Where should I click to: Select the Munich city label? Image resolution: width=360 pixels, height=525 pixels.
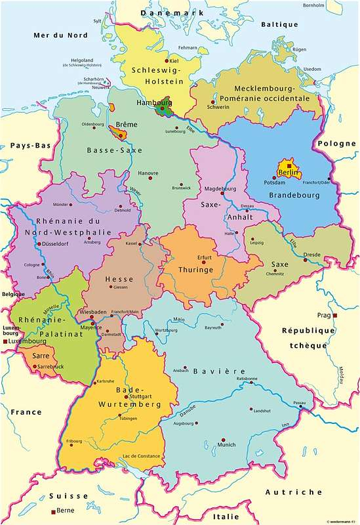tap(226, 445)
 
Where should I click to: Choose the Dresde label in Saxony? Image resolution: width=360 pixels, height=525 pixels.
tap(311, 254)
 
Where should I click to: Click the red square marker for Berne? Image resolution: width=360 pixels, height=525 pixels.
tap(53, 511)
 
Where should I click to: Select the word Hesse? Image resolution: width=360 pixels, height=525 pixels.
tap(119, 279)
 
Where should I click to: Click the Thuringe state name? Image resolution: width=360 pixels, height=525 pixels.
tap(197, 268)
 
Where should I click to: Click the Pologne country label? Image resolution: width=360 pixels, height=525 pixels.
tap(336, 144)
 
